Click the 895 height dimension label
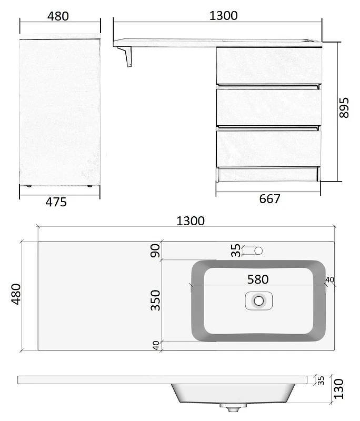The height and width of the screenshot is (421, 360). [x=344, y=108]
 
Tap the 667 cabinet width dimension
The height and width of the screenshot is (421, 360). [x=269, y=199]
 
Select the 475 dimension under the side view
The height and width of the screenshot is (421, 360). [x=56, y=202]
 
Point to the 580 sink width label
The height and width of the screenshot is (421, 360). [x=258, y=279]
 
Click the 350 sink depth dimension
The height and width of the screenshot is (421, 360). [x=155, y=300]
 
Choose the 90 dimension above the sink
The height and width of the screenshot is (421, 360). [x=155, y=250]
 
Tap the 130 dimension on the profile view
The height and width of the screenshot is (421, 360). [x=339, y=389]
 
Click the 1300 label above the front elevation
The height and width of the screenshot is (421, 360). [x=223, y=16]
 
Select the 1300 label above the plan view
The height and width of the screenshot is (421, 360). [x=191, y=221]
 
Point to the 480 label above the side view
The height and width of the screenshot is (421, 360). [x=58, y=16]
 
